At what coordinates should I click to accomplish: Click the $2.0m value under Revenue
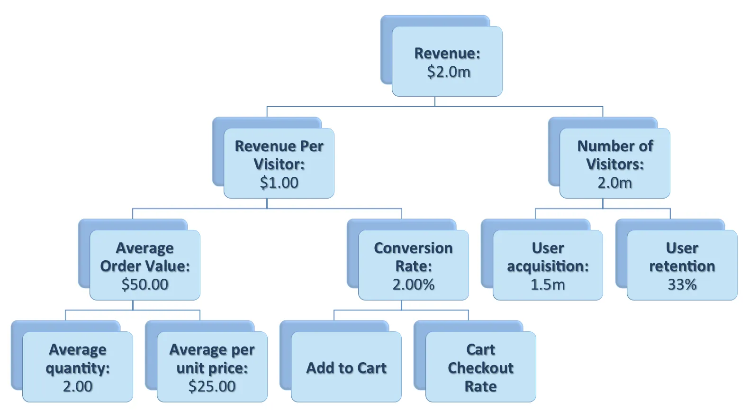point(449,72)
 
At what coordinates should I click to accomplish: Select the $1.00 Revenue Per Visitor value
point(279,182)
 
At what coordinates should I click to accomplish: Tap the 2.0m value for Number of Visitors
point(614,182)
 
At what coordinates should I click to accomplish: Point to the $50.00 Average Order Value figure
point(145,284)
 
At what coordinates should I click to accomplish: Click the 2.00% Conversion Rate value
point(413,284)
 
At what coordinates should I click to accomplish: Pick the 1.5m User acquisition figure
point(548,284)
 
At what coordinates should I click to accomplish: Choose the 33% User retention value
point(682,284)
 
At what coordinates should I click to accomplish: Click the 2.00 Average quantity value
point(78,386)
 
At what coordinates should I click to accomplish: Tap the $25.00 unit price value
point(212,386)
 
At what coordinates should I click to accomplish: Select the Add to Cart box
point(346,366)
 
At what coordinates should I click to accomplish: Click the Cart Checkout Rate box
point(480,366)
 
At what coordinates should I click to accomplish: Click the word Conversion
point(413,248)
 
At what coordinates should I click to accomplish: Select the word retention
point(682,266)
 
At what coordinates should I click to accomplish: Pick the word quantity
point(75,369)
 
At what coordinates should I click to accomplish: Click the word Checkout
point(480,368)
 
